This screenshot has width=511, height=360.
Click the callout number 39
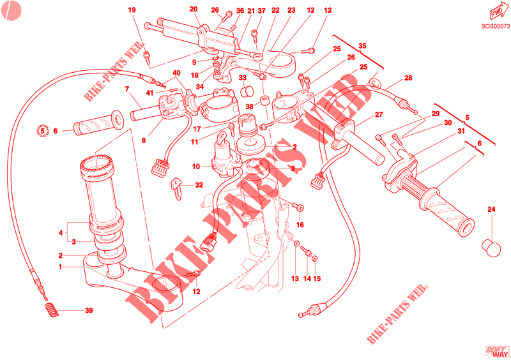(x=89, y=311)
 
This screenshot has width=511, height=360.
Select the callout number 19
(x=132, y=10)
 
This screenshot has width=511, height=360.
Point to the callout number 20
(x=194, y=10)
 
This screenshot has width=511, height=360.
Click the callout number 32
(x=199, y=185)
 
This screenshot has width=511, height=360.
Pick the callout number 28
(x=408, y=79)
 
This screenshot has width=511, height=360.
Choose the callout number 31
(x=461, y=131)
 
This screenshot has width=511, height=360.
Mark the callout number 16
(x=300, y=225)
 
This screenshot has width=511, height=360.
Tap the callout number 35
(x=363, y=46)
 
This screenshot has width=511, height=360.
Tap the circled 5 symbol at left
(x=43, y=131)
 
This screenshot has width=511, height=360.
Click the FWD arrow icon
(x=495, y=14)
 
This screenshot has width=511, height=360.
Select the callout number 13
(x=295, y=279)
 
